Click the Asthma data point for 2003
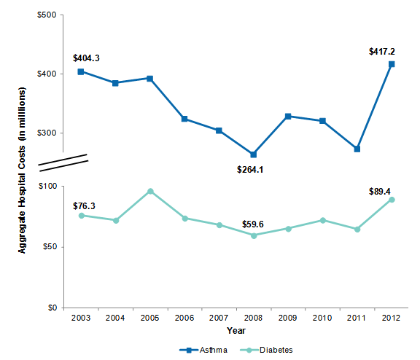[x=81, y=71]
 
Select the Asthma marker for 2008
[x=253, y=154]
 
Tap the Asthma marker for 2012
[x=391, y=64]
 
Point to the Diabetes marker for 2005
[x=149, y=191]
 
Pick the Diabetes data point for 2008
[x=253, y=235]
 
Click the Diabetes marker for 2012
[x=391, y=200]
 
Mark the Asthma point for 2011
[x=357, y=149]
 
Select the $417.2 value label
[x=386, y=51]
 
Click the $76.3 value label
[x=87, y=206]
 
